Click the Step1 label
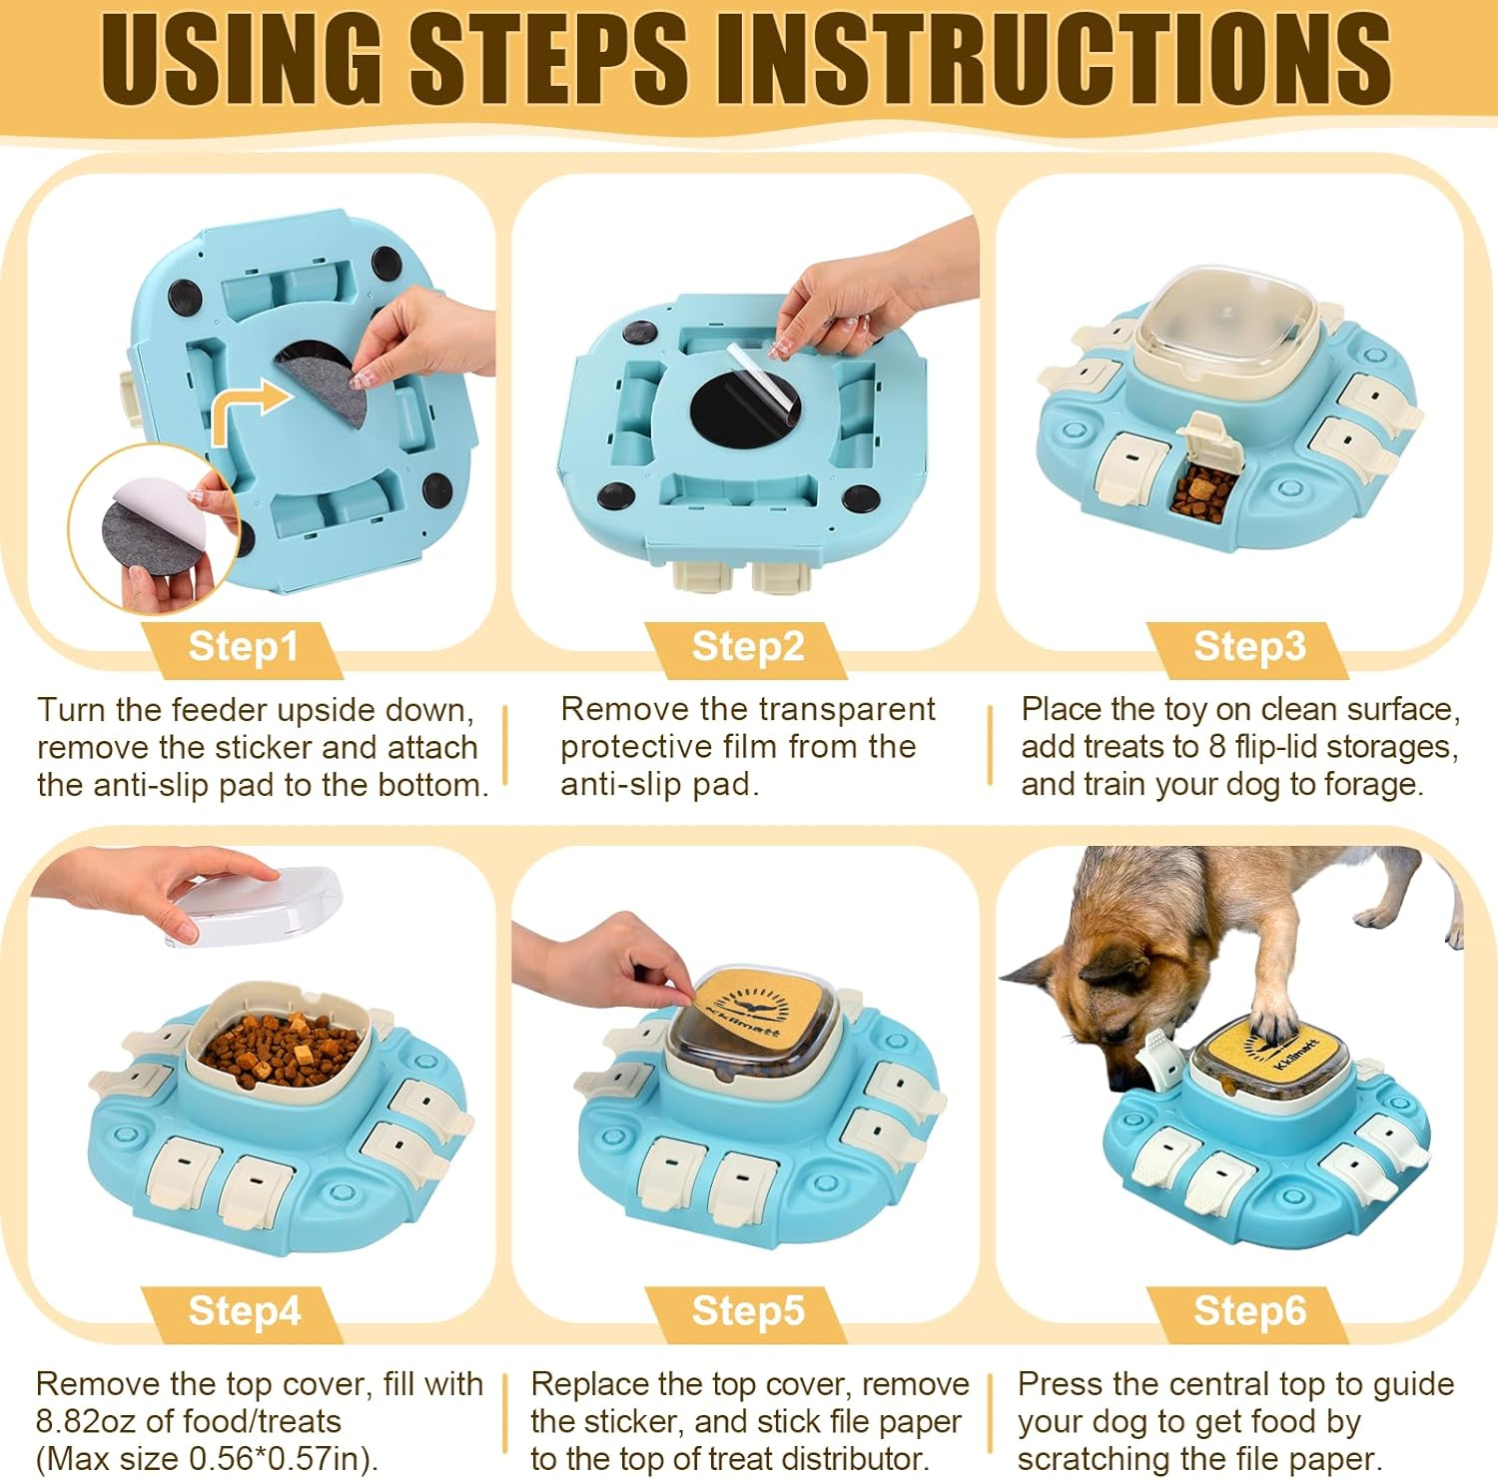243,647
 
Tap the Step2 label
748,647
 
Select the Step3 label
1249,647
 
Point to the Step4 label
244,1311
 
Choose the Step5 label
748,1311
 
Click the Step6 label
1249,1311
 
